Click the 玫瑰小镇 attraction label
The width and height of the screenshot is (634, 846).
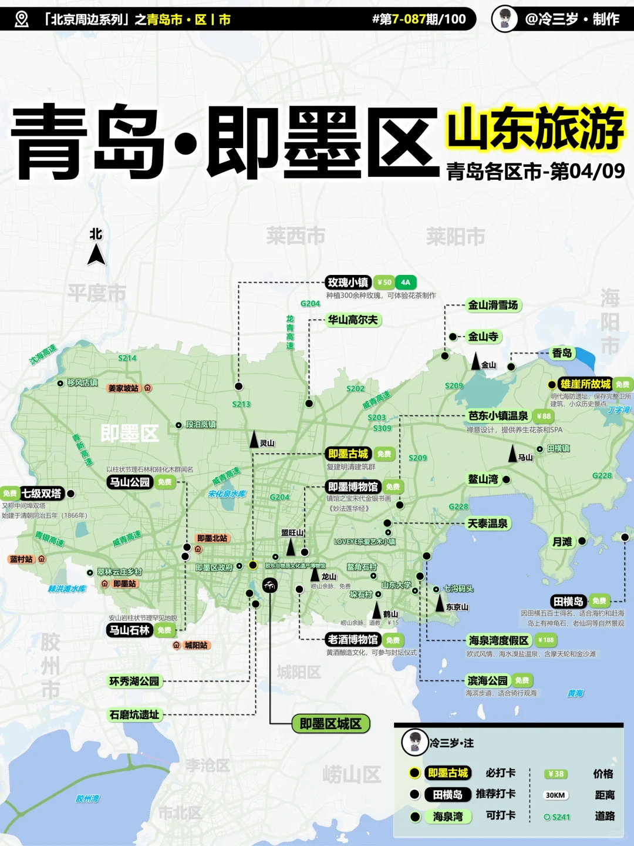pos(348,283)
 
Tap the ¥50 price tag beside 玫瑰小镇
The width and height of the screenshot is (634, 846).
pos(385,283)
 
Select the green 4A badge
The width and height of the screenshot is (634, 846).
pos(406,283)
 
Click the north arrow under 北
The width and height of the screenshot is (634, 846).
pos(96,255)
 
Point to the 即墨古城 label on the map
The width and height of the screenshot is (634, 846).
pos(348,454)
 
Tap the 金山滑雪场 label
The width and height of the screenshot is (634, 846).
pos(493,305)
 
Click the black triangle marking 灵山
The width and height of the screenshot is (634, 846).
pos(254,439)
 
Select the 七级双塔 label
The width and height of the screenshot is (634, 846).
pos(42,493)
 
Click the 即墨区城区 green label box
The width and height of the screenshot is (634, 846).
pos(331,724)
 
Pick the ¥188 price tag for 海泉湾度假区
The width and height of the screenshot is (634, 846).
pos(546,640)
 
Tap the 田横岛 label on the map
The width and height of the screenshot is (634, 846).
pos(568,601)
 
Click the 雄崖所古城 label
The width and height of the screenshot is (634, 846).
pos(585,384)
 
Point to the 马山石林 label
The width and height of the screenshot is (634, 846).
pos(130,630)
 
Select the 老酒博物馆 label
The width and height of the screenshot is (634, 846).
pos(353,640)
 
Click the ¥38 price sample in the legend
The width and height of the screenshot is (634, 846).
pos(555,774)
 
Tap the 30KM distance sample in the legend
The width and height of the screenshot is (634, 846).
pos(555,795)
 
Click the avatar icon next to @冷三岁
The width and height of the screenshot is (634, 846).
pos(505,19)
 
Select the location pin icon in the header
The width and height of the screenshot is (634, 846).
pos(22,19)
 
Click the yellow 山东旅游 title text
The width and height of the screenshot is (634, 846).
pos(535,127)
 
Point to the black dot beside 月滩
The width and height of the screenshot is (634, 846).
pos(582,541)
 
